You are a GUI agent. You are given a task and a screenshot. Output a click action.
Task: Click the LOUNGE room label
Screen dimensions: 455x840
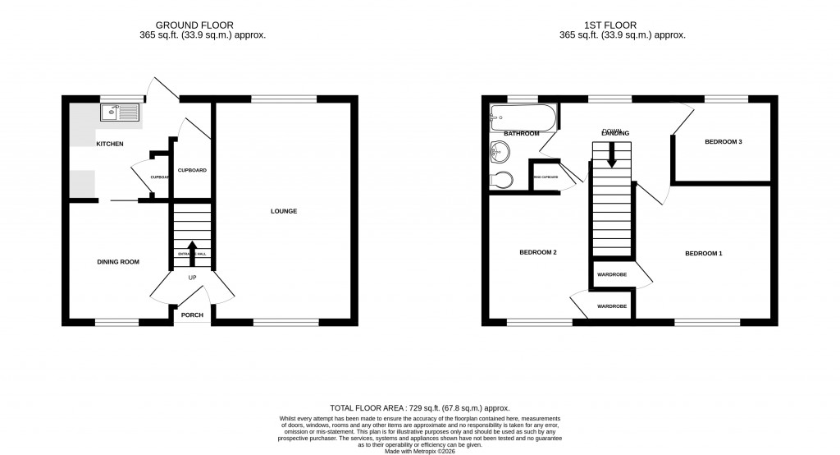click(284, 211)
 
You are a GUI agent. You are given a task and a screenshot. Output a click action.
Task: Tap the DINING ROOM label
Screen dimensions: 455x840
click(119, 262)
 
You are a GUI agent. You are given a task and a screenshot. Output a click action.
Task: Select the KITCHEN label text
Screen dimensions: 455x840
click(110, 145)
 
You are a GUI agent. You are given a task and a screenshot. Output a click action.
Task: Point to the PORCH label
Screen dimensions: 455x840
click(192, 315)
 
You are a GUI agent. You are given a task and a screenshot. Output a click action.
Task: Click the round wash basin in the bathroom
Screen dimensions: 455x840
click(500, 151)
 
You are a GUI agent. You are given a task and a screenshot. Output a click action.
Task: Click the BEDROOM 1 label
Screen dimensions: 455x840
click(704, 253)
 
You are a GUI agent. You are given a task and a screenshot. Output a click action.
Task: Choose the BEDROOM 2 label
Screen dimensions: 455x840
click(538, 252)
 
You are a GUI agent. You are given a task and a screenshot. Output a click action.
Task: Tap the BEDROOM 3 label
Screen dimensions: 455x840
click(724, 142)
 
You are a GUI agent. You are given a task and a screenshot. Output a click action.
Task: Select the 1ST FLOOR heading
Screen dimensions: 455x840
click(622, 25)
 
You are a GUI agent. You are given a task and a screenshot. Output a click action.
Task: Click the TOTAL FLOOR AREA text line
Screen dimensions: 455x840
click(420, 408)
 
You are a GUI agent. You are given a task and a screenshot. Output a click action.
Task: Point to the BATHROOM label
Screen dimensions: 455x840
click(521, 133)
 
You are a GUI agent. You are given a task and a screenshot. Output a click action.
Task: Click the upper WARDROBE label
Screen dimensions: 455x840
click(611, 274)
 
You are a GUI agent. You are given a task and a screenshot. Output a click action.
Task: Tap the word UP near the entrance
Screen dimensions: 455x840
click(193, 278)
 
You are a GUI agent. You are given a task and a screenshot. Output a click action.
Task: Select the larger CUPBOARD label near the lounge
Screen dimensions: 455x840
click(192, 170)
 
